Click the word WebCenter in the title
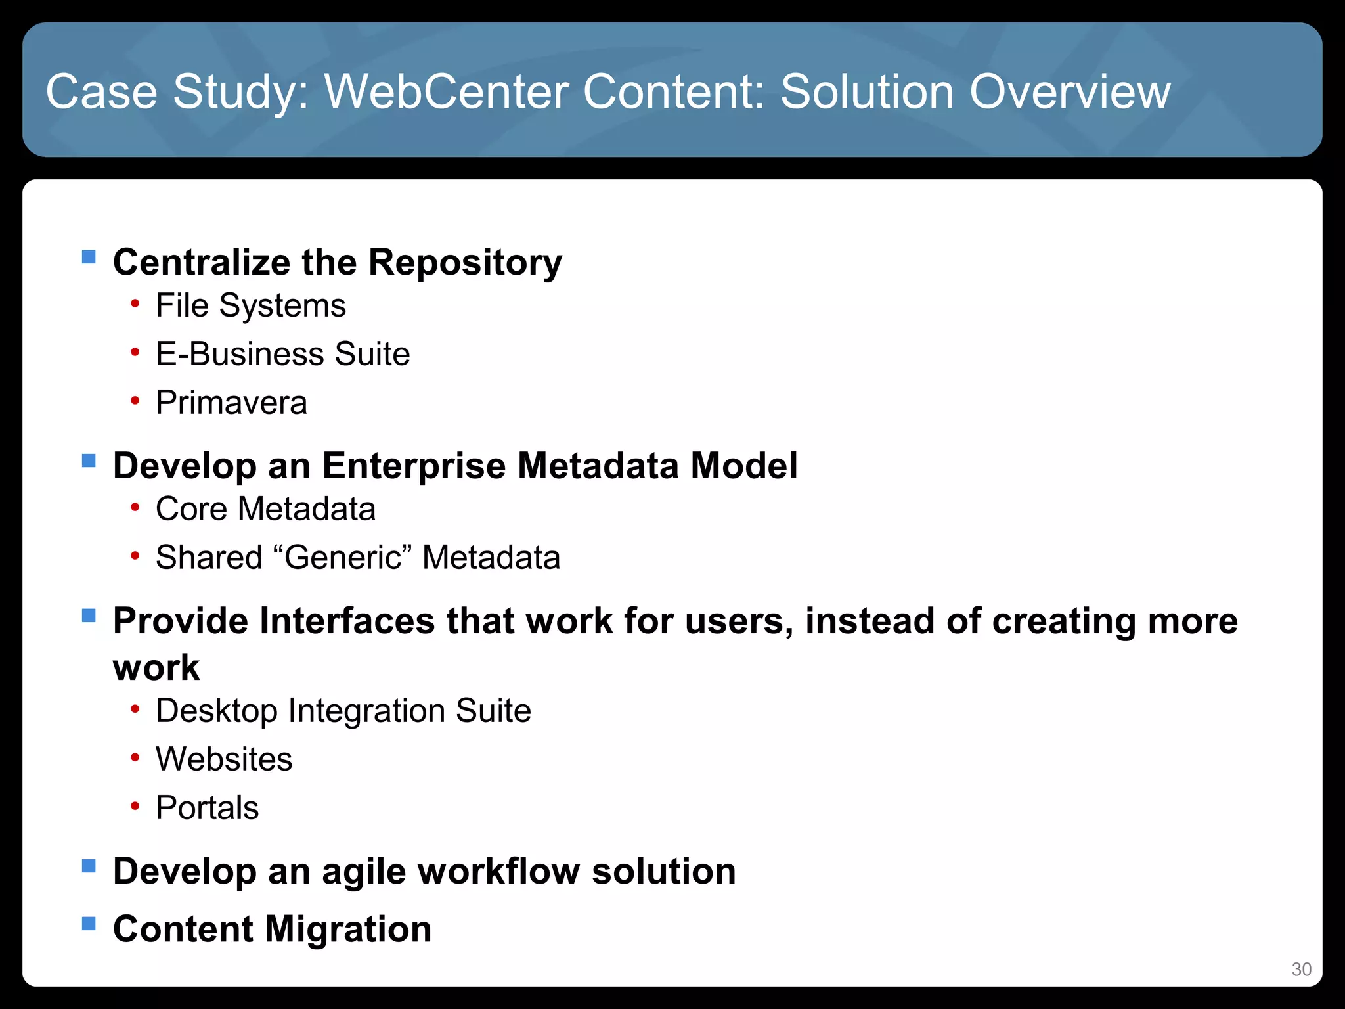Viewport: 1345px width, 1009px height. tap(446, 91)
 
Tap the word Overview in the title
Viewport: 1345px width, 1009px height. tap(1070, 91)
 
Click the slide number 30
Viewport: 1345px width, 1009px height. tap(1301, 970)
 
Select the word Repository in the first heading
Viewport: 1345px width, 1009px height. tap(465, 263)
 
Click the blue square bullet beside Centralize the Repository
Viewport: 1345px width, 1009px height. tap(89, 256)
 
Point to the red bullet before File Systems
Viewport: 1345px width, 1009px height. tap(135, 304)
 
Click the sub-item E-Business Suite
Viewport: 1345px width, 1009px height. tap(282, 354)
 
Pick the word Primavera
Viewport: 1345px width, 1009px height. tap(231, 403)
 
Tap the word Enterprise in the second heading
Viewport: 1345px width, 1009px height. tap(413, 466)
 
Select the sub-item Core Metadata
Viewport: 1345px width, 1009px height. tap(265, 509)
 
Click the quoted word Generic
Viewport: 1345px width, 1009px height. tap(343, 558)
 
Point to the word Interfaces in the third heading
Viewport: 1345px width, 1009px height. tap(347, 621)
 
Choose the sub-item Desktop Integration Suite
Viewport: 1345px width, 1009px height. tap(343, 711)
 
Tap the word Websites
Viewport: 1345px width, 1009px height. tap(224, 759)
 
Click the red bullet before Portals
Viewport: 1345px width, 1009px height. tap(135, 807)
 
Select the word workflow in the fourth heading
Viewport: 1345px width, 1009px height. tap(498, 872)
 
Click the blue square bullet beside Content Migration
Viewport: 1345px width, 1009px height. tap(89, 924)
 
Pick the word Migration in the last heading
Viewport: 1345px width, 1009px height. tap(348, 930)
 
